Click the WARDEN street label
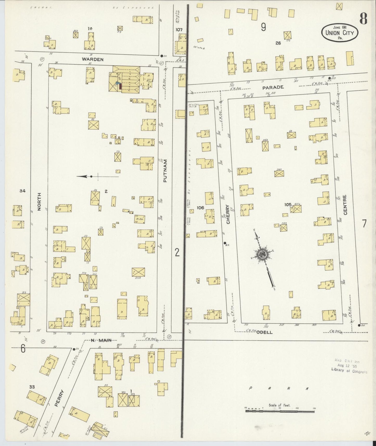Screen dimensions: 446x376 (93, 59)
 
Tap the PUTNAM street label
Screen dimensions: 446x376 (165, 170)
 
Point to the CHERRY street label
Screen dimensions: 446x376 (228, 214)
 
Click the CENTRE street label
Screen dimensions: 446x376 (346, 205)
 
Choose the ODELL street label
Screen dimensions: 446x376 (264, 332)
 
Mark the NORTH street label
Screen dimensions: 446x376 (39, 201)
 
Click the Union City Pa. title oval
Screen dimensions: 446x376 (340, 33)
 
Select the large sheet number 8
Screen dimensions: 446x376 (363, 18)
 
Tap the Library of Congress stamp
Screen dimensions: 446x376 (349, 366)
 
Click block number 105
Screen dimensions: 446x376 (288, 205)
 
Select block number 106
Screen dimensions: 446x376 (200, 208)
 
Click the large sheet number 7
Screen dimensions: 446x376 (364, 224)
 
